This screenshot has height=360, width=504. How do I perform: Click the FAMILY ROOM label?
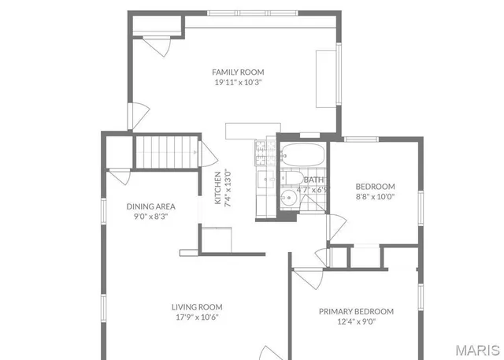tap(238, 72)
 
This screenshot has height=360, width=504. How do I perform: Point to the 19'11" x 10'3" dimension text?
tap(238, 82)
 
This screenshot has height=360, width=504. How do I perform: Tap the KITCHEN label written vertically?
tap(218, 188)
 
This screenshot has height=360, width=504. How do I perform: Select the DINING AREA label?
tap(150, 206)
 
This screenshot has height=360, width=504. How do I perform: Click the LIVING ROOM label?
tap(197, 307)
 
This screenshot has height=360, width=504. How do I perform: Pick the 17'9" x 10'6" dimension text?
tap(197, 317)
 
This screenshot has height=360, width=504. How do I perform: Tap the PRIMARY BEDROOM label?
tap(356, 311)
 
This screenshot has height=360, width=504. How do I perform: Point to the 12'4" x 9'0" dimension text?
tap(356, 321)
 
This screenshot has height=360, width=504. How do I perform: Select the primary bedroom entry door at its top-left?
tap(309, 277)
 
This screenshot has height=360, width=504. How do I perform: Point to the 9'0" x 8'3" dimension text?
tap(150, 217)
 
